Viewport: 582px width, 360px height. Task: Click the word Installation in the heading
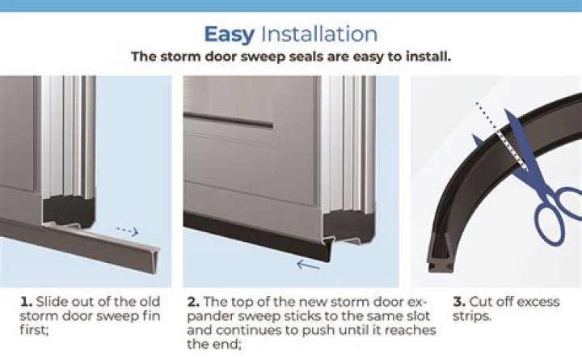tap(316, 34)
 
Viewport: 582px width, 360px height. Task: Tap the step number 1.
tap(25, 302)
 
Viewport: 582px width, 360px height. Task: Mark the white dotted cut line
tap(497, 133)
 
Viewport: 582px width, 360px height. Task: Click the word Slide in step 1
tap(52, 302)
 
